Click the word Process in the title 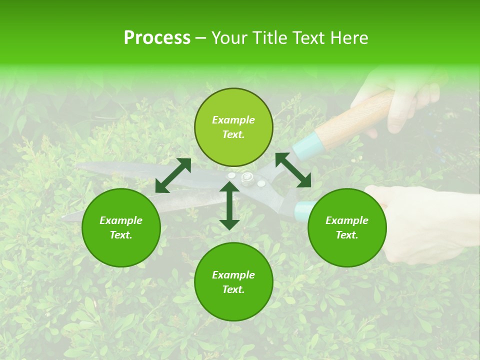tap(157, 37)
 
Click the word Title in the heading tap(268, 37)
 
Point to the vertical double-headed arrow tap(229, 206)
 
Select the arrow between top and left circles tap(173, 175)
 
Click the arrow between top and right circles tap(293, 170)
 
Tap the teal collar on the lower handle tap(303, 211)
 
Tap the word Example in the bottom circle tap(233, 274)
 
